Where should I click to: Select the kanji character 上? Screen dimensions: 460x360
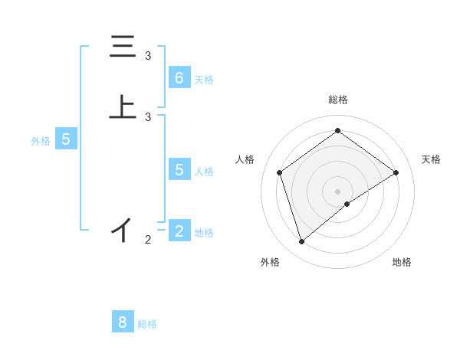click(123, 107)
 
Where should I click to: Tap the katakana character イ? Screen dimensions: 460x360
click(123, 229)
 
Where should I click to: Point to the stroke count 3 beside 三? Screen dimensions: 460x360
click(148, 56)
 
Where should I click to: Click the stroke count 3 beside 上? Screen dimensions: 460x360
click(148, 116)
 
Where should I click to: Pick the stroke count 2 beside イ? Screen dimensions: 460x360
click(148, 240)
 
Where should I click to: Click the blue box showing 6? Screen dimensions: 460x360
click(179, 77)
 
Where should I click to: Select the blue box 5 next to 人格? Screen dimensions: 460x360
click(179, 169)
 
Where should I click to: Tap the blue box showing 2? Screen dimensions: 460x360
click(179, 231)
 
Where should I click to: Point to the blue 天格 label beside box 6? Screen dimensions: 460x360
click(204, 80)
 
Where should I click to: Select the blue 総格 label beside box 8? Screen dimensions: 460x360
click(147, 324)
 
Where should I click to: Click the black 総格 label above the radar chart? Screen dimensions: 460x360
click(337, 100)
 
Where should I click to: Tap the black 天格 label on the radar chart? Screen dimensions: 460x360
click(432, 159)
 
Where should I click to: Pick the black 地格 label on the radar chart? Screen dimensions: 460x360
click(402, 262)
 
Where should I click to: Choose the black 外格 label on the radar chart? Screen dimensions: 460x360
click(270, 262)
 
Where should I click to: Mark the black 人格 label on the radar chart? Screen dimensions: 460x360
click(245, 159)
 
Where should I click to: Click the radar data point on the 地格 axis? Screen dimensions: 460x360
click(347, 204)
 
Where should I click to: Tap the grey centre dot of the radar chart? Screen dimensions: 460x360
click(337, 191)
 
